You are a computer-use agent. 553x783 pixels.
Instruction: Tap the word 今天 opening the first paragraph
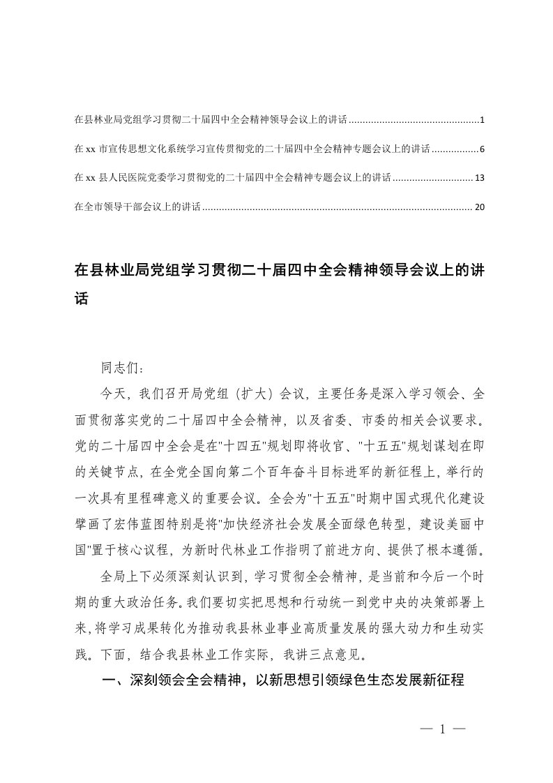pyautogui.click(x=112, y=394)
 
